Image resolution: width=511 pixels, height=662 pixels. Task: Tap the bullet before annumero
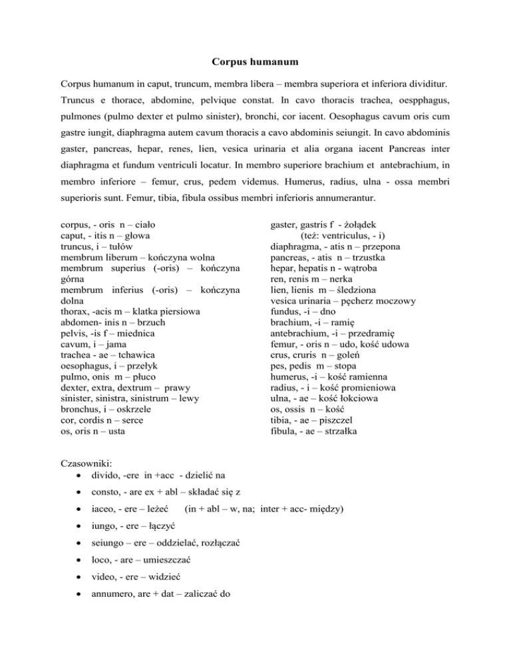tap(80, 588)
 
